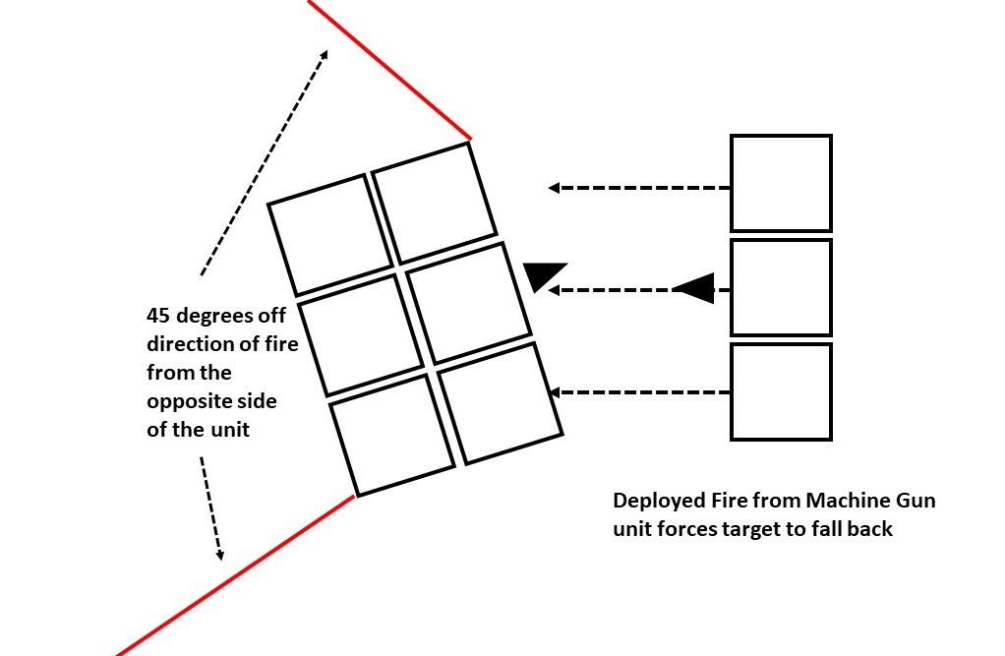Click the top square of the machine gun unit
[781, 184]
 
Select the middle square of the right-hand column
[781, 287]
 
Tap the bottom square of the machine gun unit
[781, 390]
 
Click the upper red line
[389, 70]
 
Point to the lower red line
[236, 575]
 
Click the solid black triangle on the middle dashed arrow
[694, 288]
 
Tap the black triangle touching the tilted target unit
[544, 275]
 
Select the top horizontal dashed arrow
[639, 187]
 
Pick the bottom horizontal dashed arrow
[639, 392]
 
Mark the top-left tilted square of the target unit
[329, 234]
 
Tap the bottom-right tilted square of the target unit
[500, 403]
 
